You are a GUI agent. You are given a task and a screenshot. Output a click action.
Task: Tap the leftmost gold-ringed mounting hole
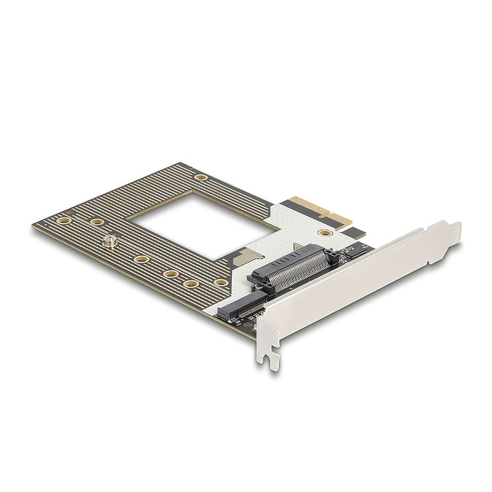(x=64, y=220)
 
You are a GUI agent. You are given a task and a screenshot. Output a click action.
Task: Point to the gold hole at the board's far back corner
(x=200, y=177)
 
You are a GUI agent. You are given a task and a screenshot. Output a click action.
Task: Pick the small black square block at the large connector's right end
(x=333, y=252)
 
